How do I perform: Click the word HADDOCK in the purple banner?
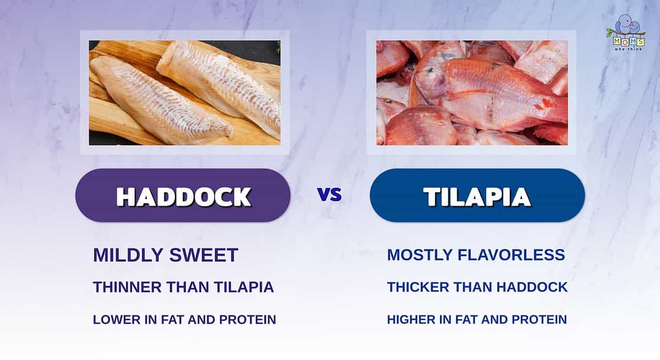183,197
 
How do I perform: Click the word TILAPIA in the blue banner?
477,197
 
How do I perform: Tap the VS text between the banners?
329,195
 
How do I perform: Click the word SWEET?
204,255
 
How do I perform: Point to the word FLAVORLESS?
511,255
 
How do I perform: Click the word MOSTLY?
420,255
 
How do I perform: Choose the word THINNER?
127,287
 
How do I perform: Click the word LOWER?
117,320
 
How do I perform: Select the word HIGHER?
411,320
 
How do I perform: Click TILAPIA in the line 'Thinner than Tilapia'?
244,287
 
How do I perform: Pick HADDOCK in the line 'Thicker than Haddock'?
532,287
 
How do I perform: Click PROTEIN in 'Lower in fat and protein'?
248,320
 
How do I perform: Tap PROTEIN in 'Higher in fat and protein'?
539,320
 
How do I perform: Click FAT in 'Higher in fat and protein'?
467,320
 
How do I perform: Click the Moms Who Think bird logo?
625,32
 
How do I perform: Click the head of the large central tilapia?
431,80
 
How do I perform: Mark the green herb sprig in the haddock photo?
278,47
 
